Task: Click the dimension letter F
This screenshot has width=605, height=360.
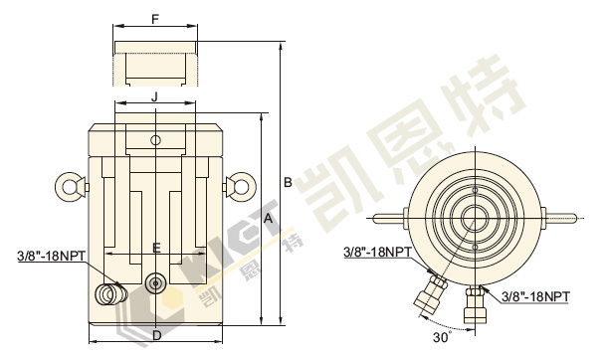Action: pos(155,19)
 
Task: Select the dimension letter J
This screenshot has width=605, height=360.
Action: pos(154,96)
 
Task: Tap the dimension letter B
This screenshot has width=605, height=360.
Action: pos(288,182)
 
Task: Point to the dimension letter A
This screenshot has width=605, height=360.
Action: pos(268,219)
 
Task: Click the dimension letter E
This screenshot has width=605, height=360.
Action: pos(156,248)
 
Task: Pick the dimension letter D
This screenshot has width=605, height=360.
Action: pos(156,336)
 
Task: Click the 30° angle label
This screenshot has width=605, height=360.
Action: pos(442,338)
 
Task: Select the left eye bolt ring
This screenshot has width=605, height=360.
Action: pos(70,187)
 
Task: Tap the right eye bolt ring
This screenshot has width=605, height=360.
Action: pos(242,187)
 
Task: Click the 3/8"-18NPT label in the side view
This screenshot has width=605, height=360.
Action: pos(52,256)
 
